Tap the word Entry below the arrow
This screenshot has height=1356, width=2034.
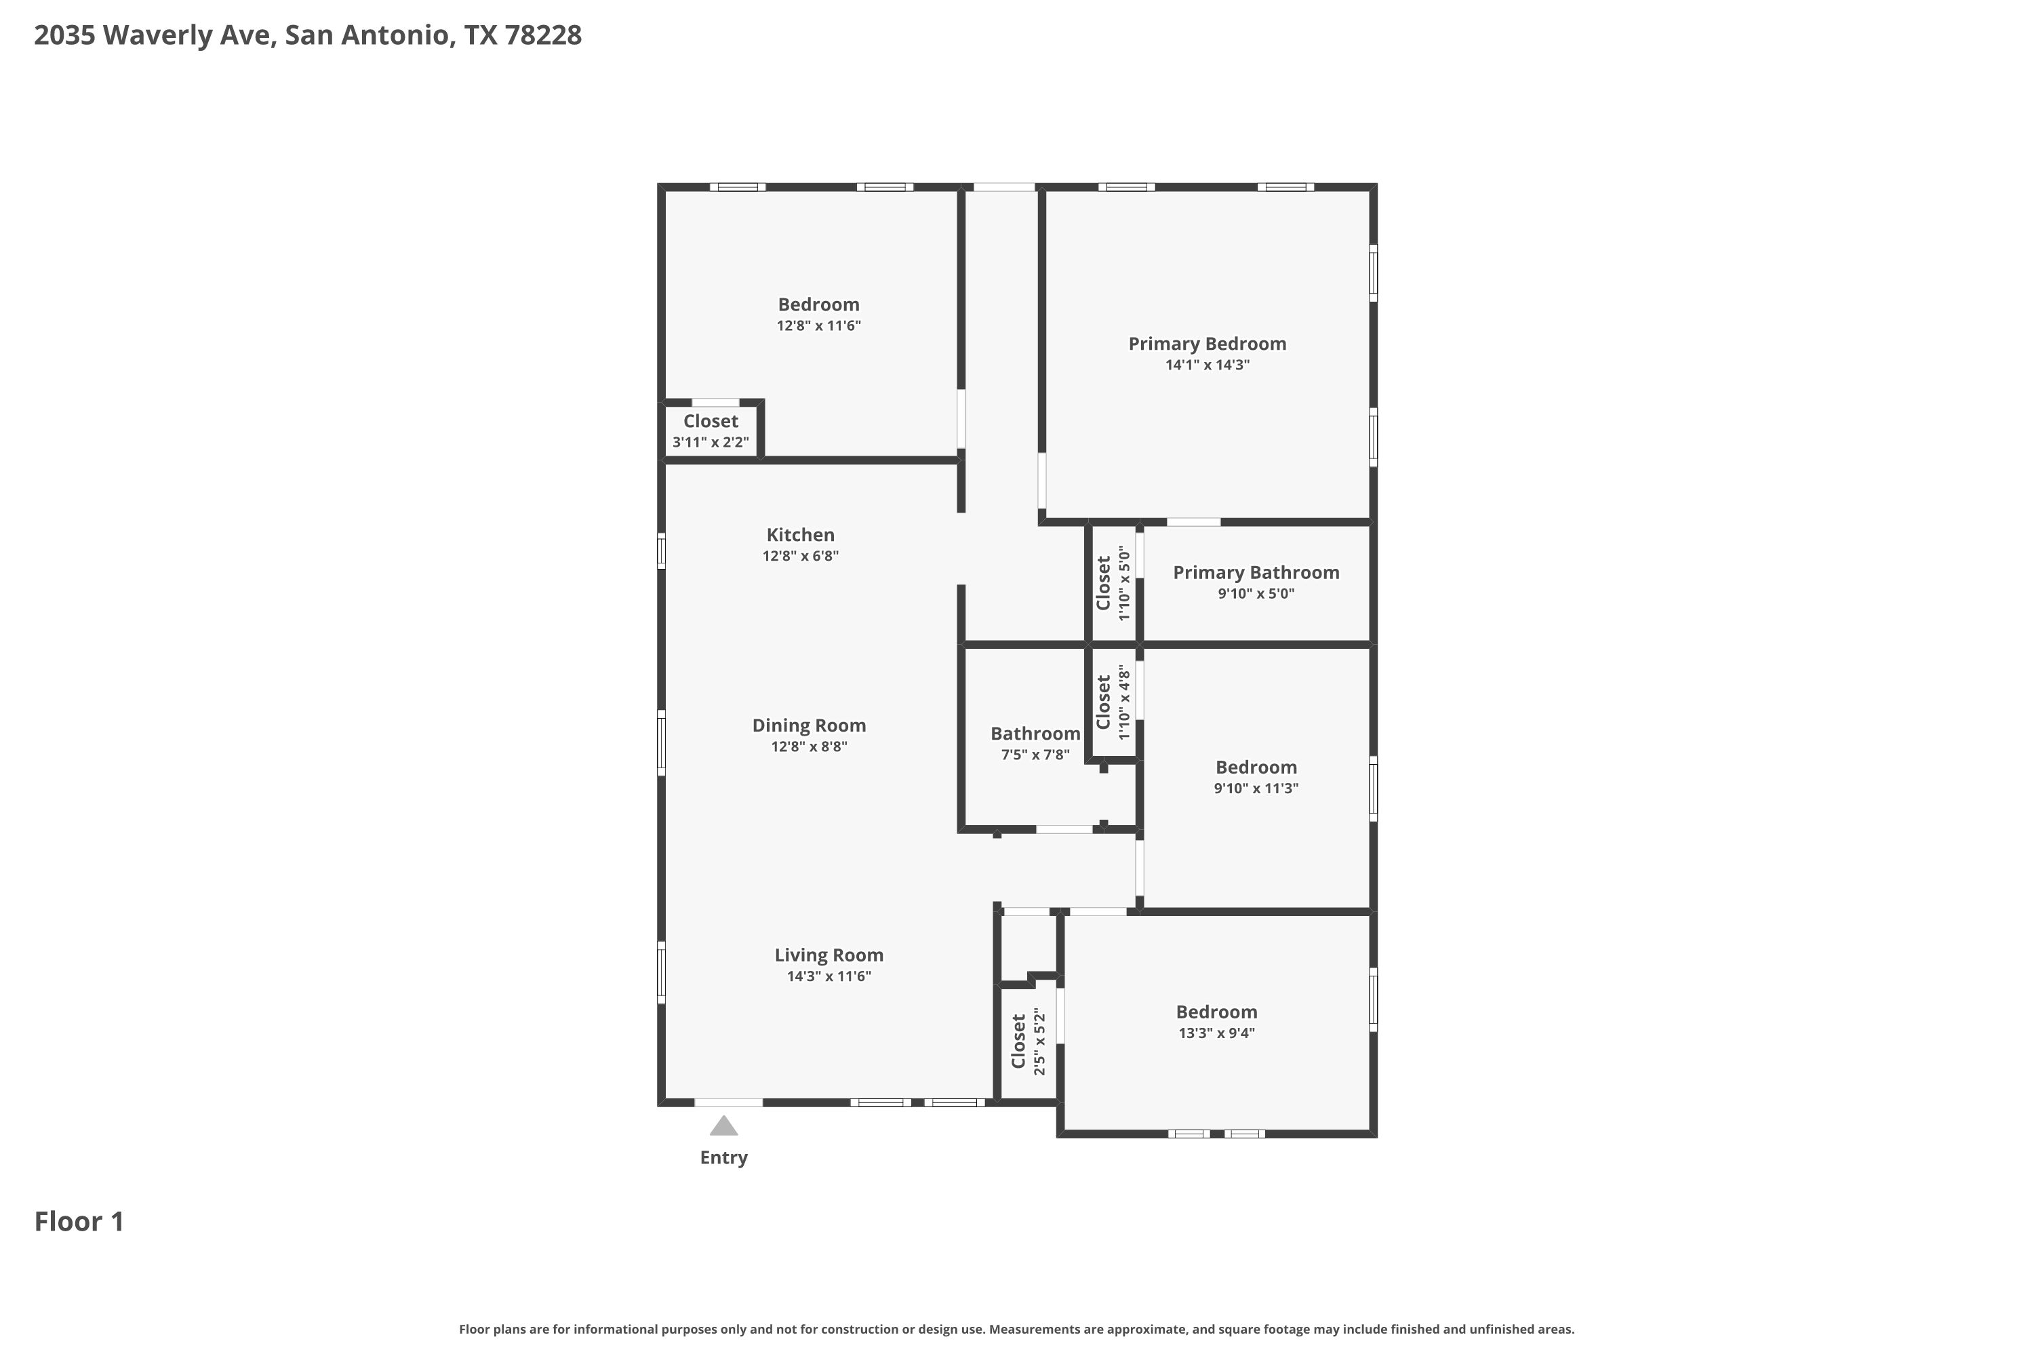(x=724, y=1158)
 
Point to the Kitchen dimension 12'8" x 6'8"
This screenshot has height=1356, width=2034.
(x=801, y=556)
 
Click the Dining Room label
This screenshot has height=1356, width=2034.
(x=809, y=725)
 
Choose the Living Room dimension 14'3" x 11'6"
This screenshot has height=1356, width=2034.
(x=829, y=976)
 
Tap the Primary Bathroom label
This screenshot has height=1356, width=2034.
(x=1256, y=572)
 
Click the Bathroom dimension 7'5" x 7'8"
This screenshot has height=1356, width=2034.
(x=1035, y=755)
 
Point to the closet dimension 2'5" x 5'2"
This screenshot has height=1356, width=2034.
(x=1039, y=1042)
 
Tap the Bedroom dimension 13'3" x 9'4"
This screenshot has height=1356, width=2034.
(x=1217, y=1033)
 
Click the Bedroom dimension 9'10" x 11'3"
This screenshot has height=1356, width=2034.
(x=1256, y=788)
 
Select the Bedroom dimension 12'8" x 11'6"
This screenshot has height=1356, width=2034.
(x=819, y=326)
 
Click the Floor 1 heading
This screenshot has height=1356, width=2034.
(x=79, y=1221)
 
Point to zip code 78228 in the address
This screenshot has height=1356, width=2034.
(x=543, y=35)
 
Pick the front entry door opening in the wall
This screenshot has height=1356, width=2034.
(x=729, y=1102)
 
